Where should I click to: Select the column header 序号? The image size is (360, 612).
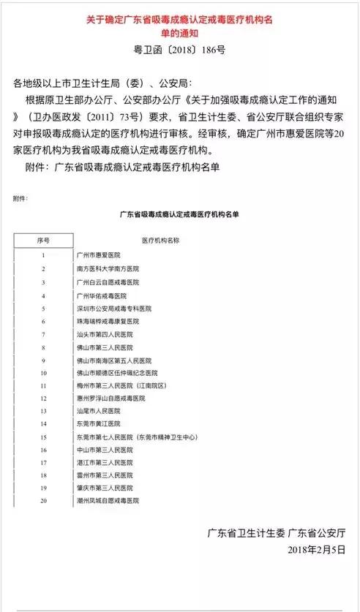pyautogui.click(x=44, y=240)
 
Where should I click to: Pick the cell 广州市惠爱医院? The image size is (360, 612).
pyautogui.click(x=98, y=256)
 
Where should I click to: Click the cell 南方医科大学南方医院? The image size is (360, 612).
pyautogui.click(x=107, y=269)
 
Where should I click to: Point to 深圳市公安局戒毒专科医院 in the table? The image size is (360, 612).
pyautogui.click(x=113, y=309)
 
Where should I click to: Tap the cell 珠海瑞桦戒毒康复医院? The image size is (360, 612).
pyautogui.click(x=107, y=322)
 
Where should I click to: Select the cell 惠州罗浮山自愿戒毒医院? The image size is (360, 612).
pyautogui.click(x=110, y=398)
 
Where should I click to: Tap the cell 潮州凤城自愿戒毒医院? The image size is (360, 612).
pyautogui.click(x=107, y=502)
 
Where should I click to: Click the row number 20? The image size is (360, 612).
pyautogui.click(x=44, y=502)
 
